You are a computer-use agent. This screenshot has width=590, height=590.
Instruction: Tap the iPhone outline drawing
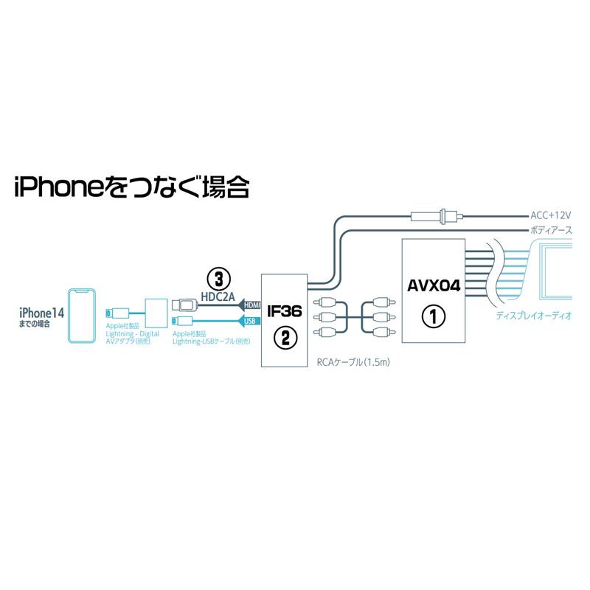(x=83, y=316)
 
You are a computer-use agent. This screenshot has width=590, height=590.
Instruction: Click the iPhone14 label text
(x=43, y=313)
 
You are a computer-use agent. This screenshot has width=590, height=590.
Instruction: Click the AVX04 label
(x=434, y=285)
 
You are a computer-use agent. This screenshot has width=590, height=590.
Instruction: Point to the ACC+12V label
(x=551, y=215)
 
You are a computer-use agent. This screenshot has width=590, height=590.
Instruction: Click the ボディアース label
(x=552, y=230)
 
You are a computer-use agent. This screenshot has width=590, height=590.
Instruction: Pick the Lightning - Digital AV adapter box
(x=156, y=313)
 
